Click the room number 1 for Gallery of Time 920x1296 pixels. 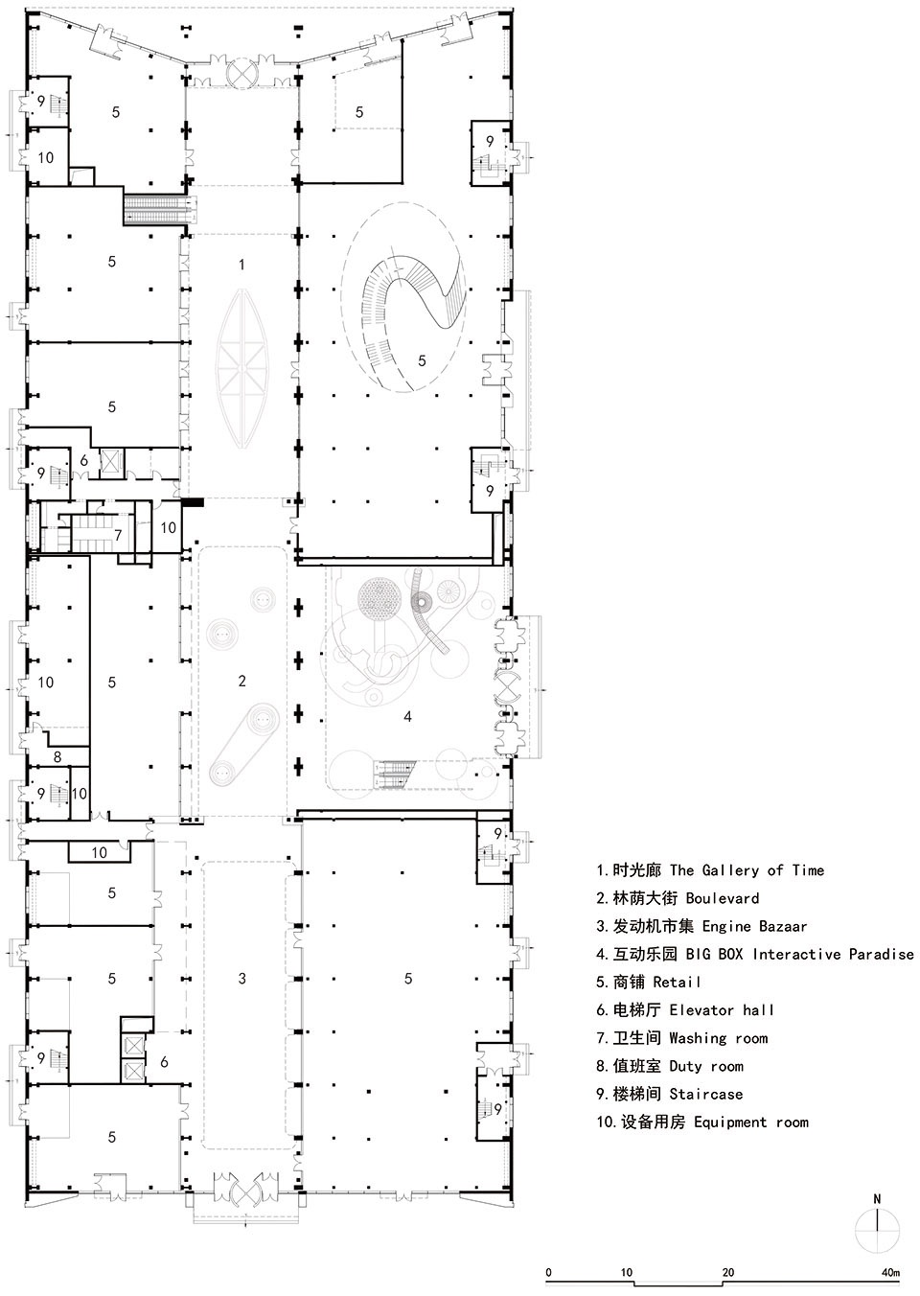tap(241, 265)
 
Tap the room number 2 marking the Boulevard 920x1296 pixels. tap(241, 681)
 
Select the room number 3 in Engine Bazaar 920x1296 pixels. tap(241, 979)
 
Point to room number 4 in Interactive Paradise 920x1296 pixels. tap(407, 717)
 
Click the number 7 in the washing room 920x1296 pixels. tap(118, 535)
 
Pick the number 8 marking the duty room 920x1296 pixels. tap(57, 756)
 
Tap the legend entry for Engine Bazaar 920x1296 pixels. tap(701, 926)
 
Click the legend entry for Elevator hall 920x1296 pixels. tap(684, 1010)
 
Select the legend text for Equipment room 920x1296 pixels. tap(702, 1122)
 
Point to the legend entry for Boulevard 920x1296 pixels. tap(678, 898)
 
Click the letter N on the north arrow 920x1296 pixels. tap(877, 1199)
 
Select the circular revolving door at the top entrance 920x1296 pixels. tap(241, 72)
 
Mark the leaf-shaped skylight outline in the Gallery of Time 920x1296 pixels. tap(242, 368)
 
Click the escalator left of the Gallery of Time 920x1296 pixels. tap(159, 208)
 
